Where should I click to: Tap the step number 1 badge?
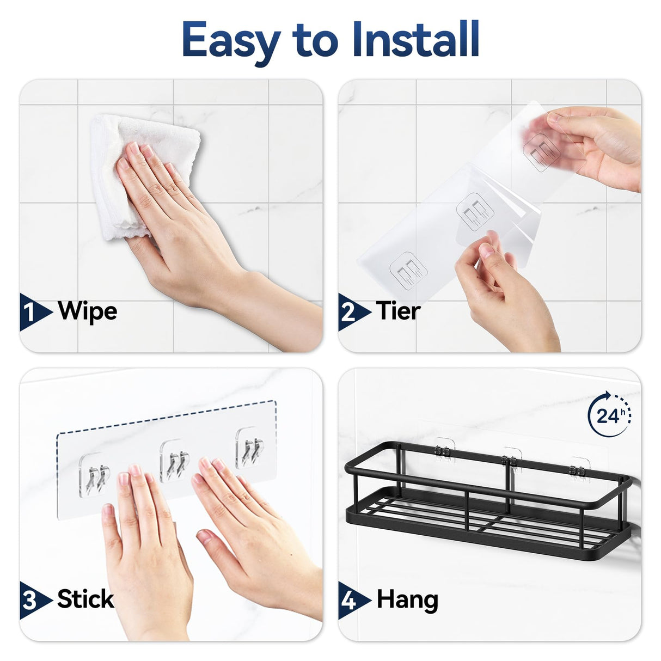32,313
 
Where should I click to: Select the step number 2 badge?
350,313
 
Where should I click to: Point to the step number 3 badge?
32,600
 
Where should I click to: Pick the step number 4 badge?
350,600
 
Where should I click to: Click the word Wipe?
87,311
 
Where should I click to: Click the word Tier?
398,311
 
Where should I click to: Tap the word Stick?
85,599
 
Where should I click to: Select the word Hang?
407,600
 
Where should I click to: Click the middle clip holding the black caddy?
511,460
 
